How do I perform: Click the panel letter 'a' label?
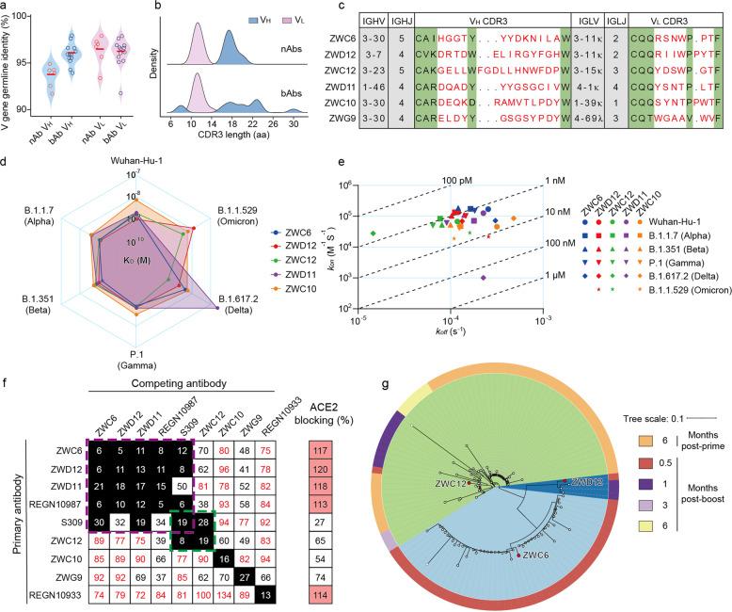[x=6, y=8]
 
